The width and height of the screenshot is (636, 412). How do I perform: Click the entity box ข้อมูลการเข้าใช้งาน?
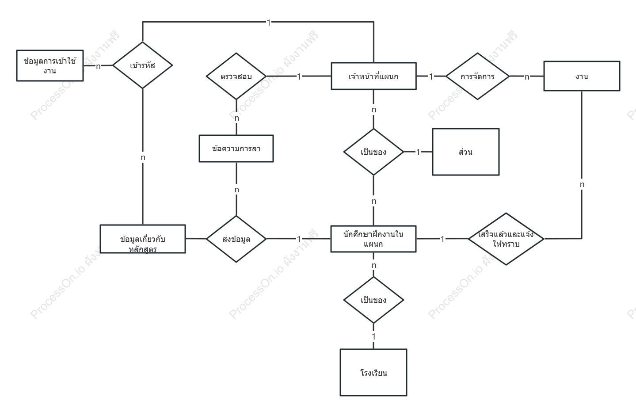(x=50, y=65)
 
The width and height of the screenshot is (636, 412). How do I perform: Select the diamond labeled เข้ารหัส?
(x=142, y=65)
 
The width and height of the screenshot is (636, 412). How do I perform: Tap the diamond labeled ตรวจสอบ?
(x=236, y=76)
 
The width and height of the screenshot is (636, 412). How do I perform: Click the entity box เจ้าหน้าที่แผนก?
(x=373, y=76)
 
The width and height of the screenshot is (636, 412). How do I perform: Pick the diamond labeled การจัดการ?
(x=478, y=76)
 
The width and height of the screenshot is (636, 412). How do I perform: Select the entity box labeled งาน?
(x=582, y=76)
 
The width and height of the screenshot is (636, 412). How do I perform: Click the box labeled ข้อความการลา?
(x=236, y=149)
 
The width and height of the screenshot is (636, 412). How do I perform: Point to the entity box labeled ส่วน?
(x=466, y=152)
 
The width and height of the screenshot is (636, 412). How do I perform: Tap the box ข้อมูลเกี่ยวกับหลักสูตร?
(x=143, y=239)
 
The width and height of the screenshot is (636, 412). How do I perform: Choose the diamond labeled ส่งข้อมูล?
(x=236, y=239)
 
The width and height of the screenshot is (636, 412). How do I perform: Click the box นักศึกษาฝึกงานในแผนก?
(x=373, y=239)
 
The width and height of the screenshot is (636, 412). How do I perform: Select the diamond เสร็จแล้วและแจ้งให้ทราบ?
(x=506, y=239)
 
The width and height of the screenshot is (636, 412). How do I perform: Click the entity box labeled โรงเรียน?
(x=373, y=372)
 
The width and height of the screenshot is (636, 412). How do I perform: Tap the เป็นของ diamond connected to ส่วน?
(x=373, y=152)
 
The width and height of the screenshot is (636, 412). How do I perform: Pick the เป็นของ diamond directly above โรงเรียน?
(x=373, y=300)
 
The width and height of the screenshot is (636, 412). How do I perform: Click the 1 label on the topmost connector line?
(x=269, y=23)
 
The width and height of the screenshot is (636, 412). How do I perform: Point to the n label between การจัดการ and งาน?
(x=527, y=76)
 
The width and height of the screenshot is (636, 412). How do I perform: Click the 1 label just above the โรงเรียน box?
(x=373, y=336)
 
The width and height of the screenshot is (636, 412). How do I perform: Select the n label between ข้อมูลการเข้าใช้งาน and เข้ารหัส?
(x=98, y=66)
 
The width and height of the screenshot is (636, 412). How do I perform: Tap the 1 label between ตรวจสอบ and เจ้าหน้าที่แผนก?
(x=299, y=76)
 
